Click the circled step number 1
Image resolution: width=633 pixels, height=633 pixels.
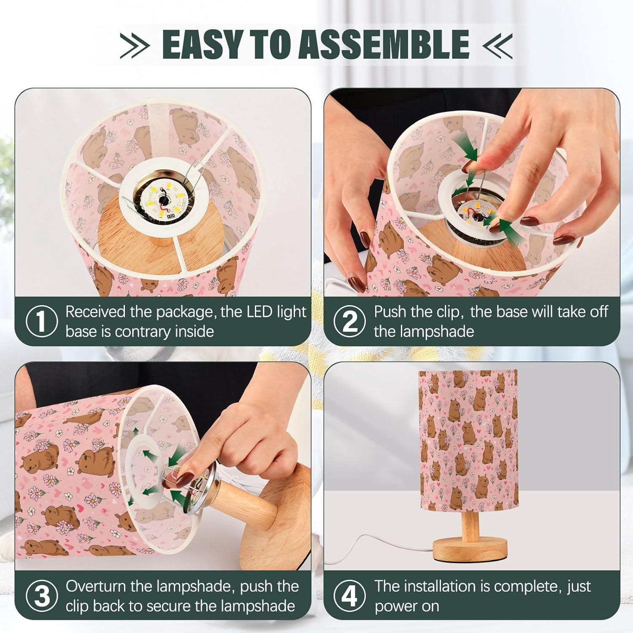click(x=41, y=322)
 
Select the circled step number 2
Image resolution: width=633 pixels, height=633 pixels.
click(x=349, y=322)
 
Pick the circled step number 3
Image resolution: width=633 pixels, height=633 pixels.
click(x=41, y=596)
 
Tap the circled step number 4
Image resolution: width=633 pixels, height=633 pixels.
click(x=349, y=596)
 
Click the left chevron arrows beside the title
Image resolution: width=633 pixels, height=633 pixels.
click(x=135, y=45)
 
